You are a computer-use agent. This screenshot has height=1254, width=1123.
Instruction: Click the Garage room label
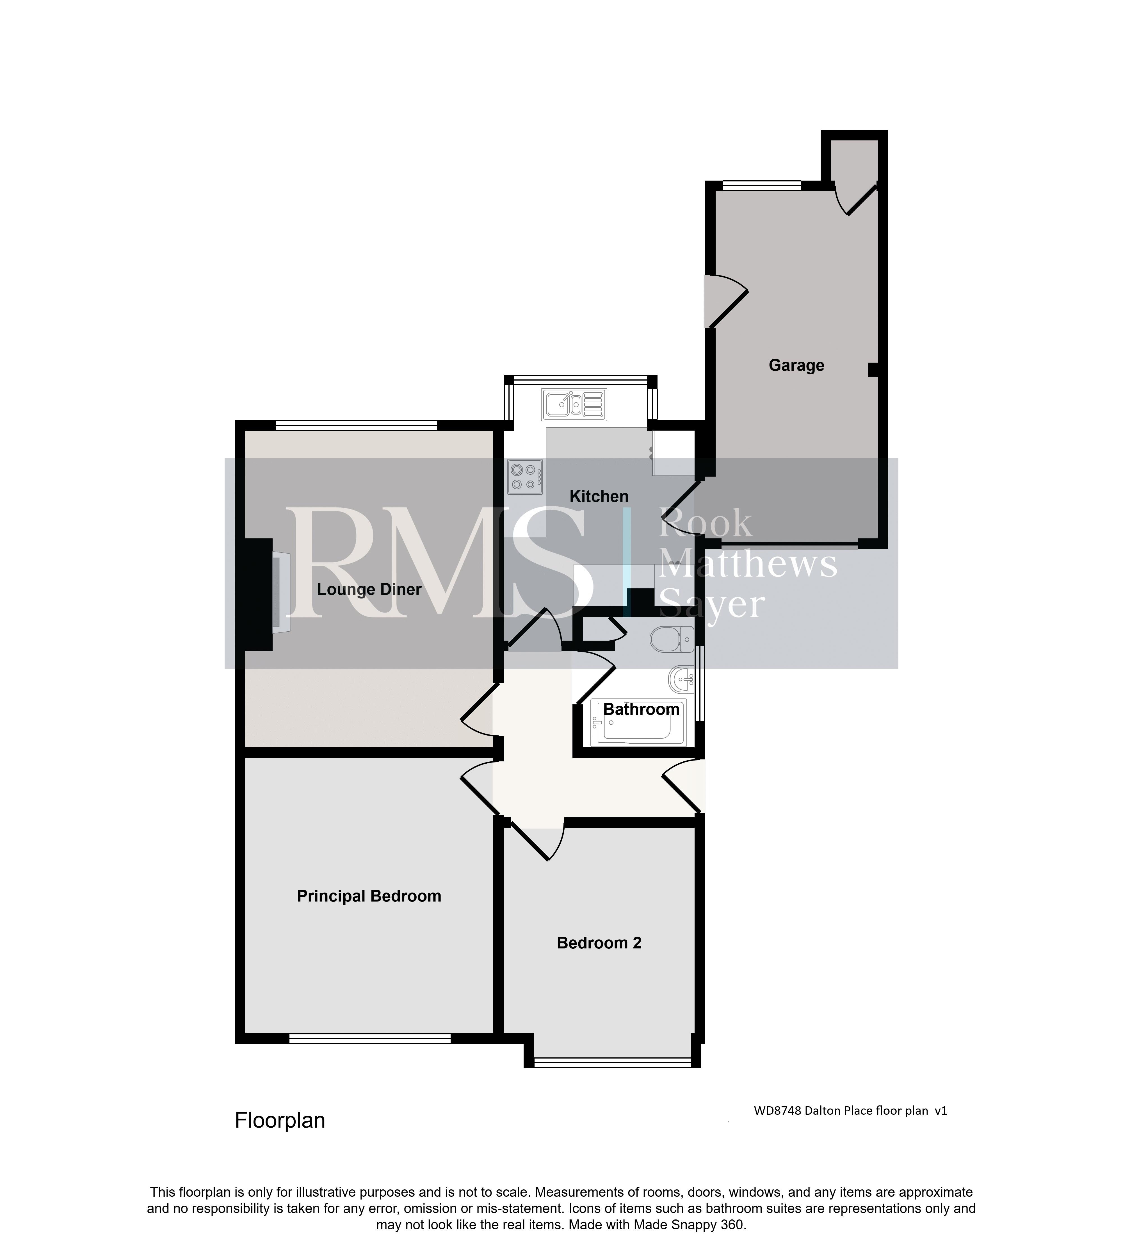(796, 365)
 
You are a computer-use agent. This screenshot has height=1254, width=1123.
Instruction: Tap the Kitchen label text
(599, 496)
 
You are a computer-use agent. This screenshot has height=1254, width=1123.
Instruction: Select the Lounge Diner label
(369, 589)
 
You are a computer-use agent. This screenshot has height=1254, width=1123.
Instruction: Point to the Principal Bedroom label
(369, 896)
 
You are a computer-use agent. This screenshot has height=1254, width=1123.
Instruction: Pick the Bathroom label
(641, 710)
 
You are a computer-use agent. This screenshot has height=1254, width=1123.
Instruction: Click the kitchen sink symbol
(574, 405)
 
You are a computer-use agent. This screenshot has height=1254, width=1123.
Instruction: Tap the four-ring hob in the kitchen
(525, 477)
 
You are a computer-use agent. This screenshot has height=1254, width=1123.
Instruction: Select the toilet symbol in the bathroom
(673, 639)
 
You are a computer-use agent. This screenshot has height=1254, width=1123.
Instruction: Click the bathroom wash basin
(682, 681)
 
